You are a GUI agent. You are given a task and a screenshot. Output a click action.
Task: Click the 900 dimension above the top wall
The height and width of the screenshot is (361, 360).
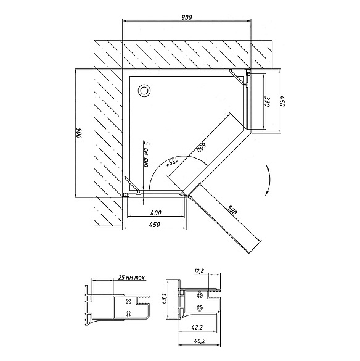(187, 17)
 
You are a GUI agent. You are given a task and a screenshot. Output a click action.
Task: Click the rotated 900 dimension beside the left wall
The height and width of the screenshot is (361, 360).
(80, 133)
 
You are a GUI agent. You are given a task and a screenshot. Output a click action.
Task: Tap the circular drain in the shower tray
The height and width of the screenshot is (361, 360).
(144, 91)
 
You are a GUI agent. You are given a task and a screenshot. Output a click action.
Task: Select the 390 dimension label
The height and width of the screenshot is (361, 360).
(268, 101)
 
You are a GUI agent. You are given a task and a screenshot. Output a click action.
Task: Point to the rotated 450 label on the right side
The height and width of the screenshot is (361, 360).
(282, 101)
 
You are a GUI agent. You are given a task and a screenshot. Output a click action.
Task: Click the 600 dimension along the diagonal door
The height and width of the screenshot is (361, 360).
(202, 148)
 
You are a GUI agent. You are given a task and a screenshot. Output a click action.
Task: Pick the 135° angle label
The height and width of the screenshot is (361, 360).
(172, 161)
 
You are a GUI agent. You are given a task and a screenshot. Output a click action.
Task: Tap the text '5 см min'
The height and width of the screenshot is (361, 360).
(146, 154)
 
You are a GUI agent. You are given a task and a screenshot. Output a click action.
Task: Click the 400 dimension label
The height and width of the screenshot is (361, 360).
(156, 213)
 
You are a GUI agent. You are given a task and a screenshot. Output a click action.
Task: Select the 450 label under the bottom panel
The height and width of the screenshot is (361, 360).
(155, 225)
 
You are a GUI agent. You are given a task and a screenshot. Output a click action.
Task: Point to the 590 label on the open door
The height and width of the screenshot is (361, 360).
(232, 210)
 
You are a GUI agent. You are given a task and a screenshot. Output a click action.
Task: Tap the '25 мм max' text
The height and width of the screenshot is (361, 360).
(131, 278)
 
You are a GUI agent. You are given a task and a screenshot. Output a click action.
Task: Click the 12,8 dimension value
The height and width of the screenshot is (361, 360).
(199, 272)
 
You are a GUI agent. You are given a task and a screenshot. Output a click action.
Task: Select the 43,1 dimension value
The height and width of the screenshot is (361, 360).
(164, 299)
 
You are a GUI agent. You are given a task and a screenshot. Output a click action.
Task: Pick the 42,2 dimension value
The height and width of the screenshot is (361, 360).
(197, 328)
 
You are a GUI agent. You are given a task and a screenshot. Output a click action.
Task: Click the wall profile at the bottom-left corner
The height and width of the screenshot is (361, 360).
(126, 195)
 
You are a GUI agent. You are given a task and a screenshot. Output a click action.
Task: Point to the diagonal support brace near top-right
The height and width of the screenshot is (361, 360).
(238, 78)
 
